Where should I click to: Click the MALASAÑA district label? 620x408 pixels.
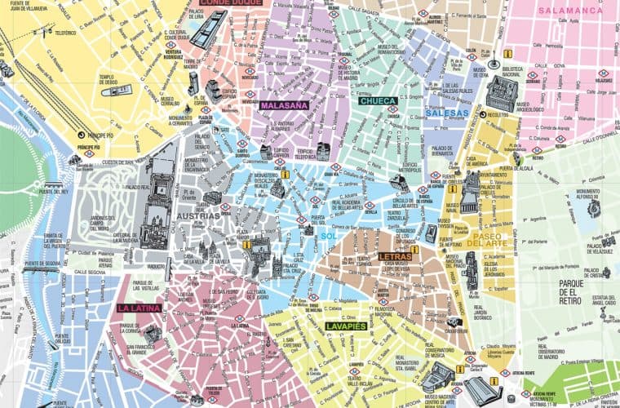[x=284, y=105]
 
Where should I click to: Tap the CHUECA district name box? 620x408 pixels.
[x=378, y=101]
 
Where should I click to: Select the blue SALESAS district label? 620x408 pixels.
[x=447, y=113]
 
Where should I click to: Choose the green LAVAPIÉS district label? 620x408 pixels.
[x=344, y=326]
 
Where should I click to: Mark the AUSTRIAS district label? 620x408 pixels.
[x=197, y=215]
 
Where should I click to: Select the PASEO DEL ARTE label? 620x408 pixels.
[x=489, y=241]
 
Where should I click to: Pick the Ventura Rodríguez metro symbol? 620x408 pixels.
[x=172, y=46]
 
